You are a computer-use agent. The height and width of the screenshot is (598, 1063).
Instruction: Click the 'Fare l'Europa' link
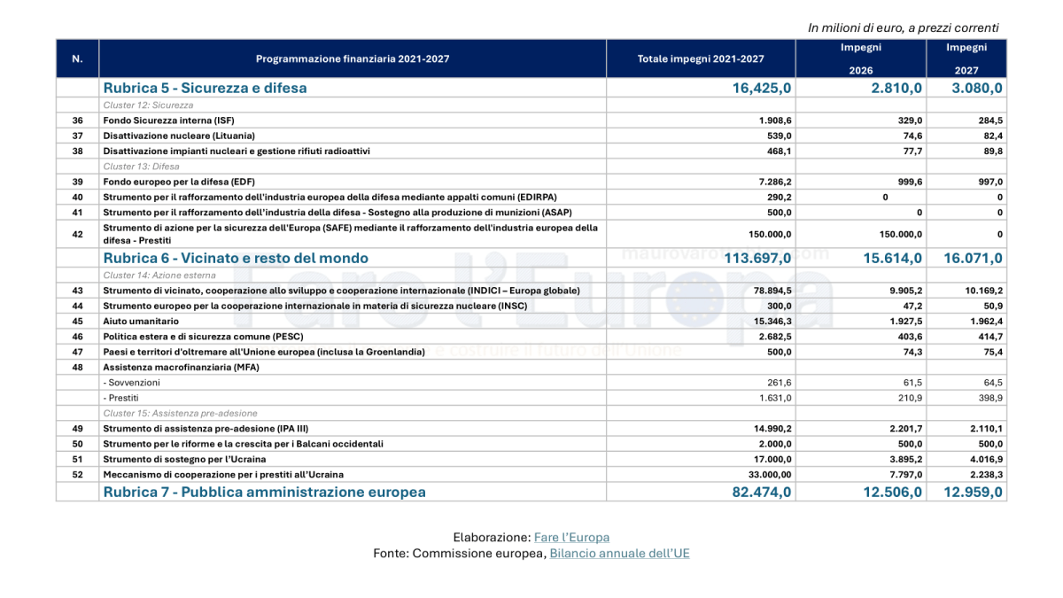[571, 538]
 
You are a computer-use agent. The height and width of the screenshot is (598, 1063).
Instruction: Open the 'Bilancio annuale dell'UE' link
[619, 554]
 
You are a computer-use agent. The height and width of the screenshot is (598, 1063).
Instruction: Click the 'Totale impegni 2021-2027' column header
[701, 58]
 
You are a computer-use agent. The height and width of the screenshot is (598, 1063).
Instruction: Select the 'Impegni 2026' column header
[861, 58]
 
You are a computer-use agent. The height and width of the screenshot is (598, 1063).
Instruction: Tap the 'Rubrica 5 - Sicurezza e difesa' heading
[205, 88]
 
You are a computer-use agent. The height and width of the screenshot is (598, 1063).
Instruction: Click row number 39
[77, 182]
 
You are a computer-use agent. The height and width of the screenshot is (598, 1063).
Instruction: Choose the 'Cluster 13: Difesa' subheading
[141, 167]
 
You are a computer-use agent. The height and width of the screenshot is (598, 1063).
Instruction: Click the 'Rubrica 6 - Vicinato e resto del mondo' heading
[236, 258]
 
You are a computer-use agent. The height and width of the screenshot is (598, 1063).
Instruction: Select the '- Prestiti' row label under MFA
[120, 398]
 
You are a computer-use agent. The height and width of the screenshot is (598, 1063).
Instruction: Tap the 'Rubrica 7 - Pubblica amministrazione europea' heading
[264, 492]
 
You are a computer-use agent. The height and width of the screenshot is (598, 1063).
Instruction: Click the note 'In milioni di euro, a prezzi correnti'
[903, 27]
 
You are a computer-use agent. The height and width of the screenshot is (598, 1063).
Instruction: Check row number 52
[77, 475]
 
